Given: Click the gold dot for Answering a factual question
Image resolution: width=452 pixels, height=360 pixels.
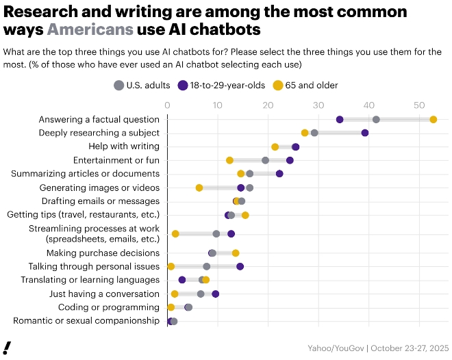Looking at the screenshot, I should (434, 119).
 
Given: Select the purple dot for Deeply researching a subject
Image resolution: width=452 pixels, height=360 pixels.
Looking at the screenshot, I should (365, 133).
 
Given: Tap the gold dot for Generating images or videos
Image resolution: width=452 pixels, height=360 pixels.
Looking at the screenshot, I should (199, 188).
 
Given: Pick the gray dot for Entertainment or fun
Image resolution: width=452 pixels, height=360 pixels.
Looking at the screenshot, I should (265, 160).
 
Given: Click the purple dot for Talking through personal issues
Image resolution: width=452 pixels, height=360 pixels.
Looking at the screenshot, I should (240, 266).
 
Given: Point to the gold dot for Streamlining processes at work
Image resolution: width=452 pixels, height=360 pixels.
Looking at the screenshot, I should (175, 234).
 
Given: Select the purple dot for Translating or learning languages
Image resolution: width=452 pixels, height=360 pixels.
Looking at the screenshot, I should (182, 280).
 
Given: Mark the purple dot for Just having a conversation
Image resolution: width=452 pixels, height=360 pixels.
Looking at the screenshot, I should (216, 294).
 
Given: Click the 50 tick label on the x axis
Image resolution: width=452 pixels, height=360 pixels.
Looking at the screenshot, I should (418, 105).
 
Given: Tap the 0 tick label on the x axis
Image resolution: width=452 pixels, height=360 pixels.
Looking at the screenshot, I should (167, 105).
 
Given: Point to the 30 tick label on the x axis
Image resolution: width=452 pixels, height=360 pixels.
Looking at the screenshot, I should (318, 105).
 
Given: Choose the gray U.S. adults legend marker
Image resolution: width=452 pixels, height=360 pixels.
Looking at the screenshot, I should (118, 85).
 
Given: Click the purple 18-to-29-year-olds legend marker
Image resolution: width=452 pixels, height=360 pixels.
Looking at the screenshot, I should (183, 85).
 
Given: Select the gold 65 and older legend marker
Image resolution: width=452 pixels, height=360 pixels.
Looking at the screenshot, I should (278, 85).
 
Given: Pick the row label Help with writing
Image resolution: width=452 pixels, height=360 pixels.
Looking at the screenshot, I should (124, 146).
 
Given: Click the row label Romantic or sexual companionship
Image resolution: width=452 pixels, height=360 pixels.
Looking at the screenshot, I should (86, 321).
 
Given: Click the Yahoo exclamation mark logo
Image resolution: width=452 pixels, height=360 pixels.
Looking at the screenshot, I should (7, 347).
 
